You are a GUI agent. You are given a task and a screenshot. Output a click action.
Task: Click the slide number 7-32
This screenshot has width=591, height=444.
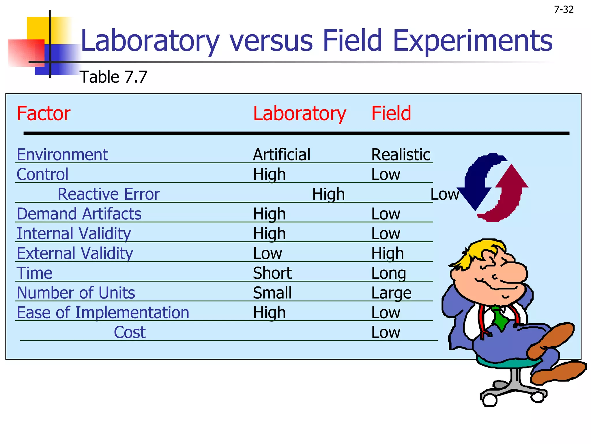coord(564,10)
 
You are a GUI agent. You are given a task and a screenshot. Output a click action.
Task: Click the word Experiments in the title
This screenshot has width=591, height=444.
coord(472,41)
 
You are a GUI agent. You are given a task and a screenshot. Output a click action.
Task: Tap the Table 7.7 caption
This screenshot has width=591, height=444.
coord(113,77)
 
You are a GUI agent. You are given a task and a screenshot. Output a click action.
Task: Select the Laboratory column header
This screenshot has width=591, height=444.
coord(299,113)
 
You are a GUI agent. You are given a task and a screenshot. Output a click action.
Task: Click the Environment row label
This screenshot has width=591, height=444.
coord(62,155)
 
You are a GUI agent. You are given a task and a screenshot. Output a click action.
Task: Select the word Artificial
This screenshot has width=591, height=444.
coord(282,155)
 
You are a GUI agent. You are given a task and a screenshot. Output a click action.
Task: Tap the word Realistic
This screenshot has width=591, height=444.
coord(401,155)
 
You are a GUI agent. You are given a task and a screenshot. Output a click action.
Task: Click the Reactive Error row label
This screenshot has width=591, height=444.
coord(109,194)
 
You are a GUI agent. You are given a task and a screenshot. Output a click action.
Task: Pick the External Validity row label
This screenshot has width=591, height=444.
coord(75,254)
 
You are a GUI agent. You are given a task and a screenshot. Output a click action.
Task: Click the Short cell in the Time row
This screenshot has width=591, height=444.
coord(272,273)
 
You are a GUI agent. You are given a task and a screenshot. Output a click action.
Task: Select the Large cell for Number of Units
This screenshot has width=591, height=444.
coord(391,293)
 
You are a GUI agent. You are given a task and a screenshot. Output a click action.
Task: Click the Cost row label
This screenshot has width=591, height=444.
coord(130,332)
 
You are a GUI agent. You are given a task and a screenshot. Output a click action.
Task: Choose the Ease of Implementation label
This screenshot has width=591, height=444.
coord(103,312)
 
